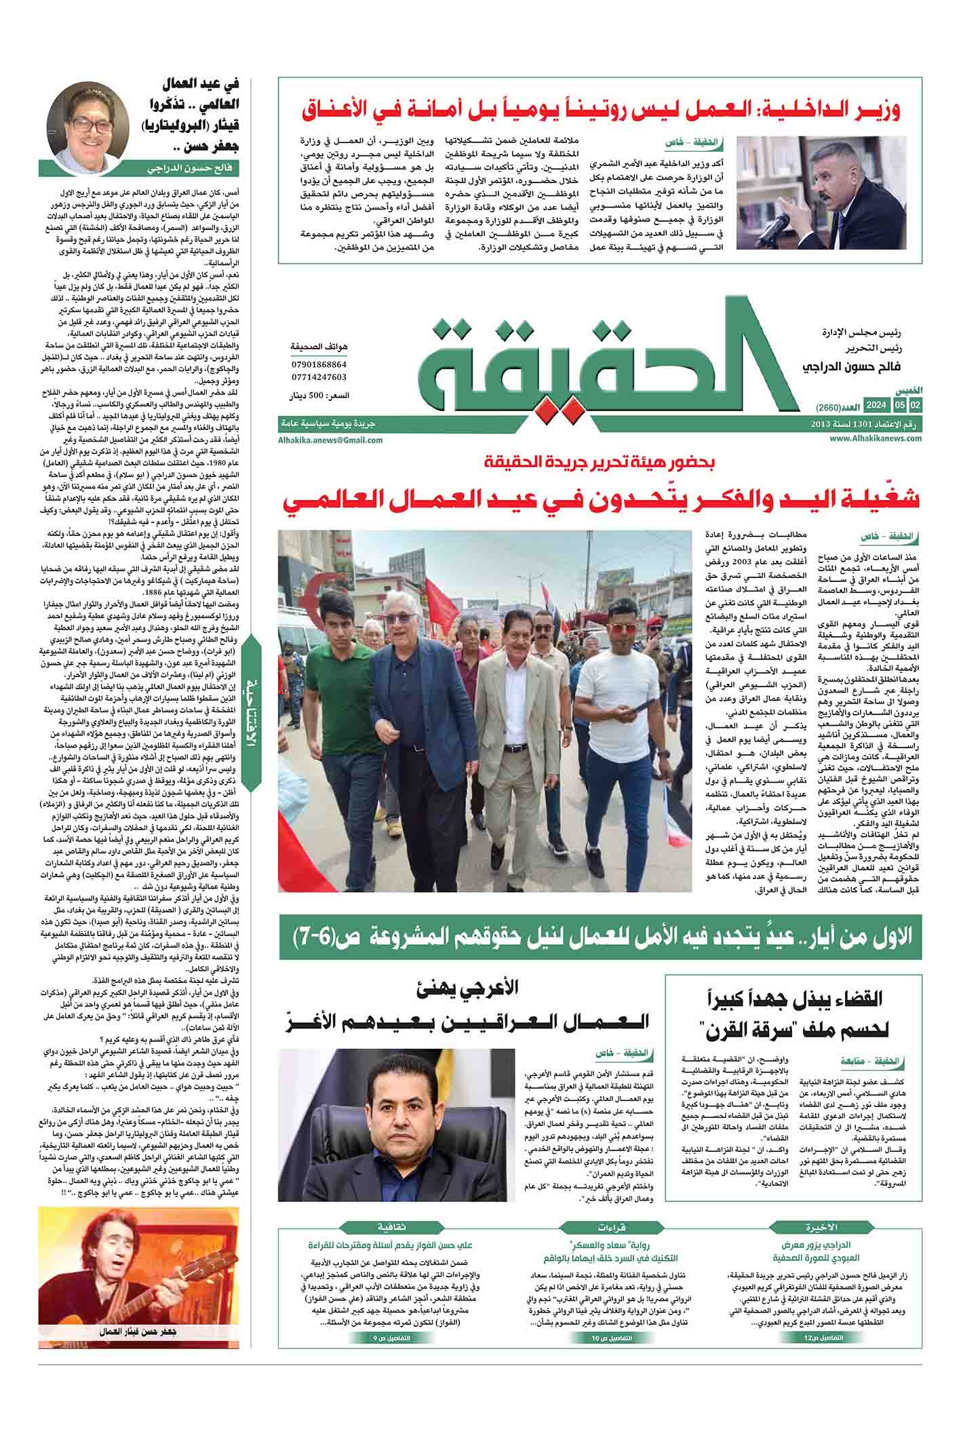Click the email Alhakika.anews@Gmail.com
pyautogui.click(x=330, y=440)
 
